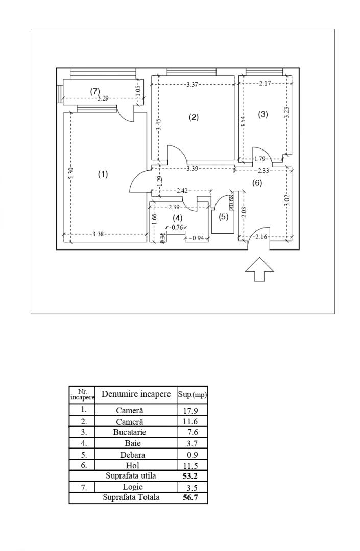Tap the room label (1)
click(x=103, y=174)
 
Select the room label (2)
click(x=194, y=117)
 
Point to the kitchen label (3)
click(x=263, y=114)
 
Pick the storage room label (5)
click(x=224, y=217)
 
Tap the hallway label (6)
click(x=257, y=182)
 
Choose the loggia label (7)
click(x=95, y=90)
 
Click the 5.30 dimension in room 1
click(x=71, y=173)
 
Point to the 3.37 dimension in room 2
click(x=193, y=84)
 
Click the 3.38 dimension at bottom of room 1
click(x=99, y=234)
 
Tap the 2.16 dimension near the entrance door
click(x=261, y=236)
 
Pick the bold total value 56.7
click(x=191, y=497)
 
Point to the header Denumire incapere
click(x=136, y=394)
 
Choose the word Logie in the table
click(x=136, y=487)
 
